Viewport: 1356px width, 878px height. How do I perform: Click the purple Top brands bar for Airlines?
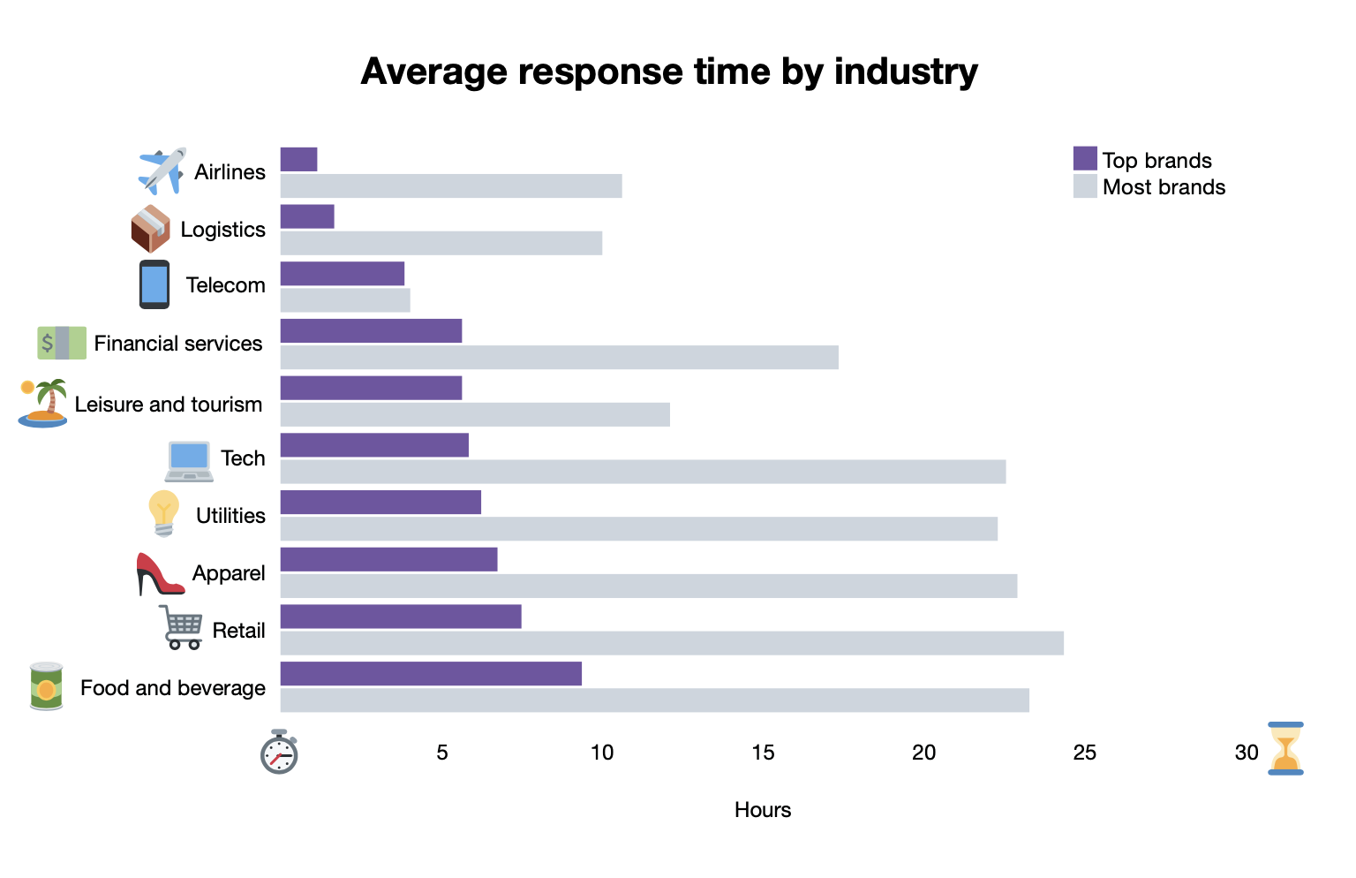(x=298, y=159)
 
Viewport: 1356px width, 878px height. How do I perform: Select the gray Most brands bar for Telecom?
(x=345, y=300)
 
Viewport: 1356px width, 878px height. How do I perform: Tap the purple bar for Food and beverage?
(x=431, y=673)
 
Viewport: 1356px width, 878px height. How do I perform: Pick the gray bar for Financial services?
(x=560, y=357)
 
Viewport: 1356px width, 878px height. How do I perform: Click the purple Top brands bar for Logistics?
(x=307, y=216)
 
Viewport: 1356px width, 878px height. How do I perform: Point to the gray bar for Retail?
(x=672, y=643)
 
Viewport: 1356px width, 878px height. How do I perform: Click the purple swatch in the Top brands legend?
(x=1085, y=158)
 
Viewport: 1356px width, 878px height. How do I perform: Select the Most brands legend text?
(x=1164, y=187)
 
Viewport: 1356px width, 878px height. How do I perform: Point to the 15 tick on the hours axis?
(x=763, y=752)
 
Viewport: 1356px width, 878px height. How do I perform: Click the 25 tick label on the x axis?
(x=1084, y=752)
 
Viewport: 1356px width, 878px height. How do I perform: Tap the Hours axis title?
(x=763, y=810)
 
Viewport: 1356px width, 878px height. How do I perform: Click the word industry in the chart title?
(x=906, y=72)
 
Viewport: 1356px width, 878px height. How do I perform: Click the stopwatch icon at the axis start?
(x=279, y=752)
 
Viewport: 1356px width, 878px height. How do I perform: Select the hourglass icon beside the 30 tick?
(x=1285, y=748)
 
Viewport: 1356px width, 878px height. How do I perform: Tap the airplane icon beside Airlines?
(x=162, y=171)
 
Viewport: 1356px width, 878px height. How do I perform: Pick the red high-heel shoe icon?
(x=160, y=573)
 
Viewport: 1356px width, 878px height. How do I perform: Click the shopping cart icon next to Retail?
(x=180, y=627)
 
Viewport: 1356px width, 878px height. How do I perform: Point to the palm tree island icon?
(x=42, y=404)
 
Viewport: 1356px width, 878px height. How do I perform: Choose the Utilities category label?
(x=230, y=515)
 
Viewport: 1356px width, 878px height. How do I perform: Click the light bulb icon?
(x=163, y=513)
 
